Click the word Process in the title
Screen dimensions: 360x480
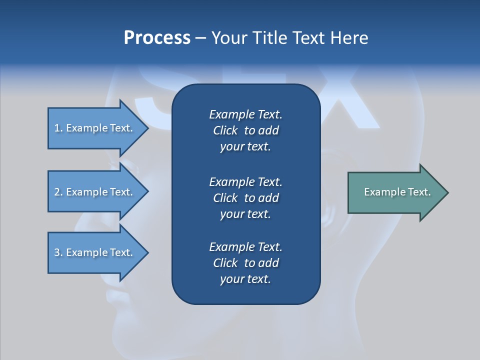[x=157, y=38]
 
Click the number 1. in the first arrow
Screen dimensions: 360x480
[x=58, y=128]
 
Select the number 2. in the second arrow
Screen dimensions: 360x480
[x=58, y=192]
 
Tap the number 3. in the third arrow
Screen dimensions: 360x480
[x=58, y=252]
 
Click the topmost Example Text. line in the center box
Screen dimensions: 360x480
[x=245, y=114]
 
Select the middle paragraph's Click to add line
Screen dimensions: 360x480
[x=245, y=198]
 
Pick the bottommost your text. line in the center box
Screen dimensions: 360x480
[x=245, y=279]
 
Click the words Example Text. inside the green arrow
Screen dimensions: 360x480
[x=397, y=192]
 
